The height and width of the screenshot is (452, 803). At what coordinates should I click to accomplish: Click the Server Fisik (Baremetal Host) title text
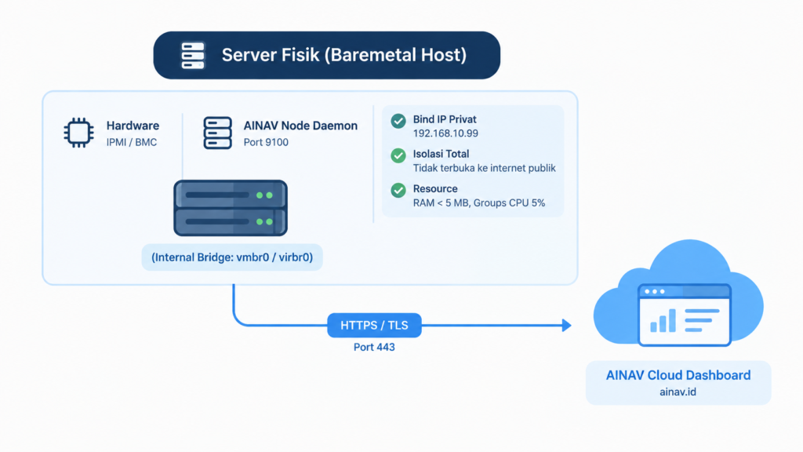(x=344, y=55)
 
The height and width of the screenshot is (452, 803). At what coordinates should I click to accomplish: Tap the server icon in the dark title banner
(x=193, y=56)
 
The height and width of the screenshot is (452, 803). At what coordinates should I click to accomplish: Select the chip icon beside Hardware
(x=79, y=133)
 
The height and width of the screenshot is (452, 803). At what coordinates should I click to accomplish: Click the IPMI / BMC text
(x=132, y=143)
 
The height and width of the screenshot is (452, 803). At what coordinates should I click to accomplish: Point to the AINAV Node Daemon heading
(x=300, y=126)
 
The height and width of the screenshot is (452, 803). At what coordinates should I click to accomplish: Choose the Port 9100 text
(x=266, y=143)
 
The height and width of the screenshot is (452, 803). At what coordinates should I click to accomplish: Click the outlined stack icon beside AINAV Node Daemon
(x=218, y=133)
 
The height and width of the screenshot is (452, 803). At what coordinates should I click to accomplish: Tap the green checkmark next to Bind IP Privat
(x=398, y=121)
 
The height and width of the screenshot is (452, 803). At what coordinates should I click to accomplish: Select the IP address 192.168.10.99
(x=445, y=133)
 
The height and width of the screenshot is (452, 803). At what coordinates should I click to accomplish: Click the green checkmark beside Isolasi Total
(x=398, y=155)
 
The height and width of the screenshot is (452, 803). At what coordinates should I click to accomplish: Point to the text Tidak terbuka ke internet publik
(x=485, y=168)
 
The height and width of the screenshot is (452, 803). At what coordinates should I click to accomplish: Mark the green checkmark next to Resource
(x=398, y=190)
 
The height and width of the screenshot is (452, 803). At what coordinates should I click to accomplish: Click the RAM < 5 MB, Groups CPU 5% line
(x=479, y=203)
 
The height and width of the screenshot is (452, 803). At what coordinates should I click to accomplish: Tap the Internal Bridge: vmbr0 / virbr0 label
(x=232, y=257)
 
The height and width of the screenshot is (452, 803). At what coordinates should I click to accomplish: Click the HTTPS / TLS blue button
(x=374, y=326)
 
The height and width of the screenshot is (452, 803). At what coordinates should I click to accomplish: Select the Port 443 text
(x=374, y=348)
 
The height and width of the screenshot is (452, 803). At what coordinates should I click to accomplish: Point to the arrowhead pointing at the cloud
(x=566, y=326)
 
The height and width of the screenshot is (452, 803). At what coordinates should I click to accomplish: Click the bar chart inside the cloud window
(x=663, y=321)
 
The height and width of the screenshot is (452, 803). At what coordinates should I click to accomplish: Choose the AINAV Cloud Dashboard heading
(x=678, y=375)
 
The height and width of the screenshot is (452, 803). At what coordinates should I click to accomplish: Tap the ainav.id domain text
(x=678, y=392)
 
